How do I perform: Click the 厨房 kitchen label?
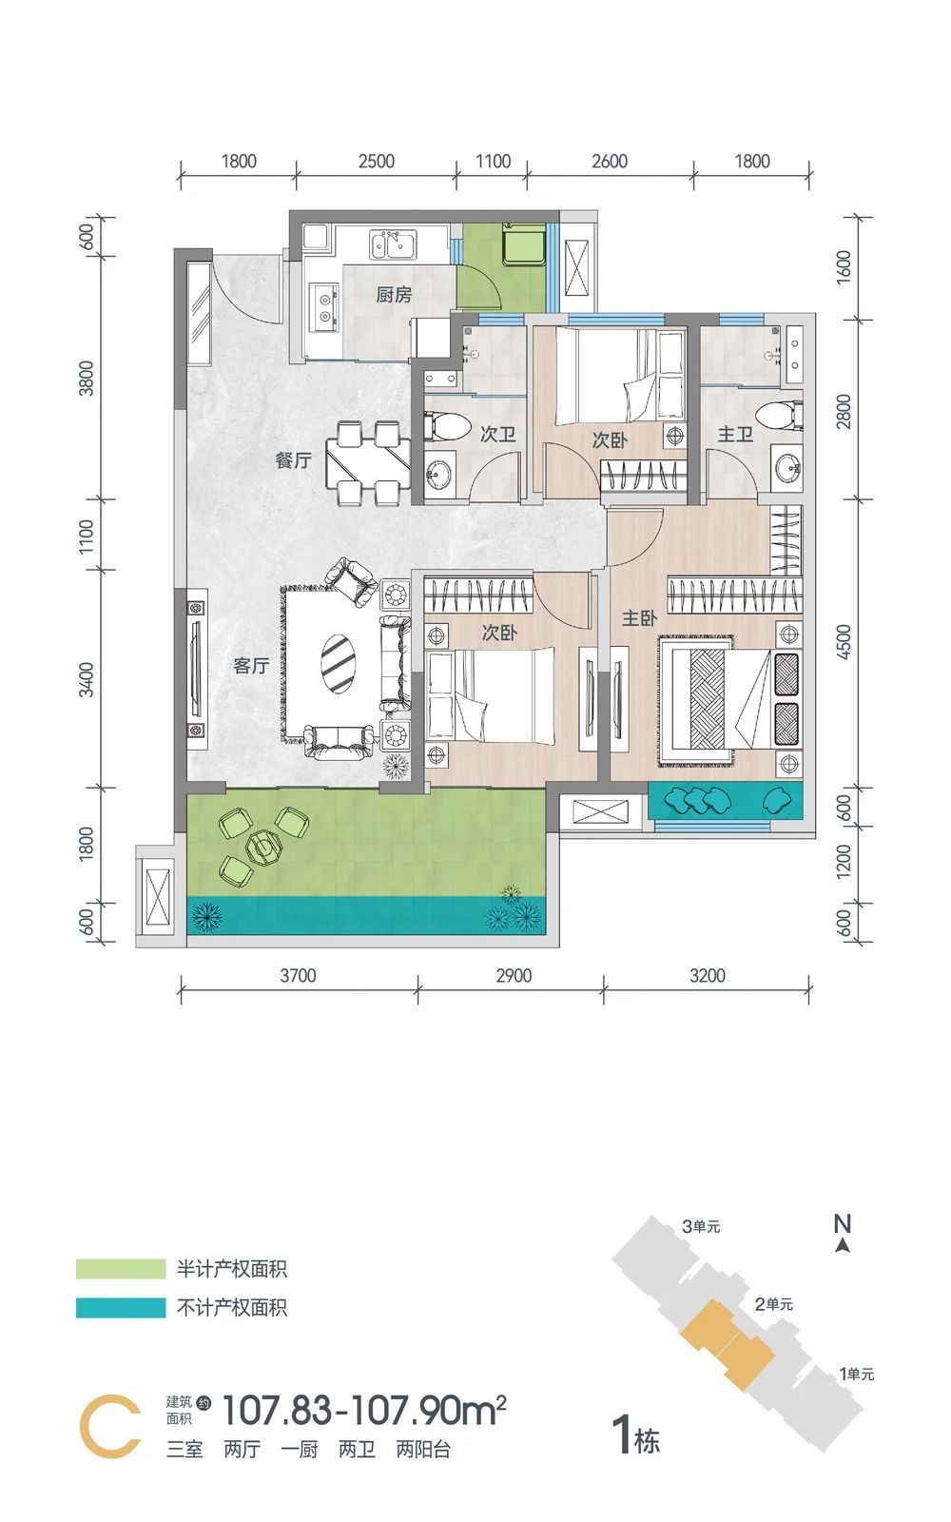(394, 295)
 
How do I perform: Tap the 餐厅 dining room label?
(294, 460)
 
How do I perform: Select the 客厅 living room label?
(251, 665)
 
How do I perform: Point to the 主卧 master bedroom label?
(639, 617)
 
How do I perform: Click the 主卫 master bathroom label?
(736, 434)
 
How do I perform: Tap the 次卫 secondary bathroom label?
(498, 434)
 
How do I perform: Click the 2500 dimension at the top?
(377, 161)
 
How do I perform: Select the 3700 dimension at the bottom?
(299, 976)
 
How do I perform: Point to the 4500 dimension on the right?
(843, 642)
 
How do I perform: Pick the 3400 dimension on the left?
(87, 679)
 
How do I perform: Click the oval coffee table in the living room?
(338, 664)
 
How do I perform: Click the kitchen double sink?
(393, 244)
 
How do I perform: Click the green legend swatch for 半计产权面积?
(121, 1269)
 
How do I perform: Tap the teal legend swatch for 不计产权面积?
(121, 1308)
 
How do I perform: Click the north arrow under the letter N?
(843, 1245)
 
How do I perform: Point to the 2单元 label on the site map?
(774, 1304)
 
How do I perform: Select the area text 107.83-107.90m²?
(364, 1410)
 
